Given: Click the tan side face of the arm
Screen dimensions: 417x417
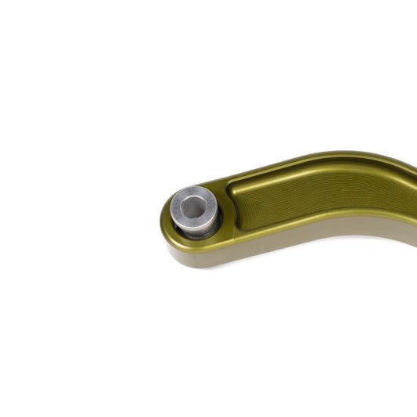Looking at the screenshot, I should [x=329, y=235].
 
